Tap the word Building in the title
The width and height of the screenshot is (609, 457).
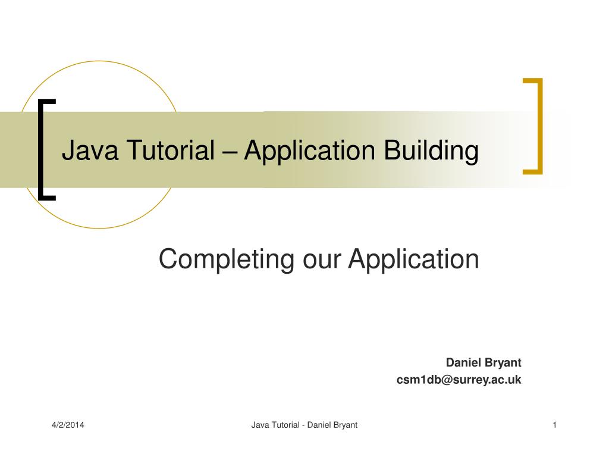pos(431,151)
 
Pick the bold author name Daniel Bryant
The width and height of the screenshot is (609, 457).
pos(484,362)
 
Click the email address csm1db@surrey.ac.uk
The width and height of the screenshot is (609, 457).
pos(459,380)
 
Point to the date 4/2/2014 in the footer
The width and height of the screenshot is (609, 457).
pos(67,425)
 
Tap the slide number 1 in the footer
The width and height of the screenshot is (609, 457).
pos(554,425)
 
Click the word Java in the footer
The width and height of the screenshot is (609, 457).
pos(260,425)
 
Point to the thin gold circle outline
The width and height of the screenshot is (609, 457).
pos(99,61)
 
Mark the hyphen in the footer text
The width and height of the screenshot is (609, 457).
pos(303,425)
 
